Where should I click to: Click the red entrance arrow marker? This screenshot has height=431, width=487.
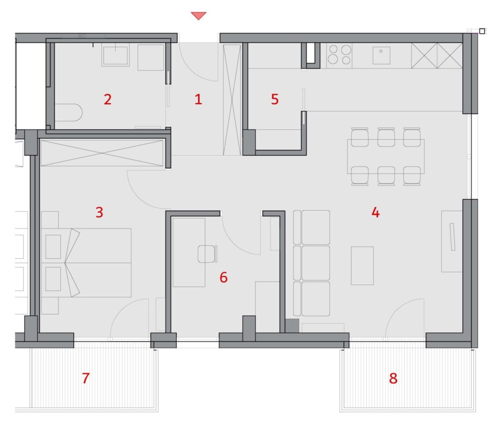click(198, 16)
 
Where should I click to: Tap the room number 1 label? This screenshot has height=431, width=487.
click(198, 99)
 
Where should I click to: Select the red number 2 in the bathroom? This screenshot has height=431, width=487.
click(107, 99)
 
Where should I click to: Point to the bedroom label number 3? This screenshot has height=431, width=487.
click(99, 212)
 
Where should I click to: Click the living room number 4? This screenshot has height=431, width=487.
click(376, 213)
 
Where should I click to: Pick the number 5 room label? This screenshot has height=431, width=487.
click(274, 99)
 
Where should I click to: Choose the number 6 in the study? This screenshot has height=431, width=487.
click(224, 277)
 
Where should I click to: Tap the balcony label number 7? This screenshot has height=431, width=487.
click(86, 378)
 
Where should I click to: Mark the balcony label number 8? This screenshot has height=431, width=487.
click(393, 379)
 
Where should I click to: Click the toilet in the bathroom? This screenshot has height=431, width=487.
click(68, 112)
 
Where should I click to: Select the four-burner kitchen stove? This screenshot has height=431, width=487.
click(340, 55)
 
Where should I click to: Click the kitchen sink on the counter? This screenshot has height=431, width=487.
click(381, 55)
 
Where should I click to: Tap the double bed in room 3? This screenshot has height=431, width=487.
click(86, 263)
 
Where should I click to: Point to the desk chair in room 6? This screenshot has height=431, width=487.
click(207, 254)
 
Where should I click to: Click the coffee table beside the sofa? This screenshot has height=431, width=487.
click(362, 265)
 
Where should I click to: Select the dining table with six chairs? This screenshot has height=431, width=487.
click(386, 157)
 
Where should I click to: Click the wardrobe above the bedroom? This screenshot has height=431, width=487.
click(102, 153)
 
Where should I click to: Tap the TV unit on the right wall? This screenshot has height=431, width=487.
click(452, 242)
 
